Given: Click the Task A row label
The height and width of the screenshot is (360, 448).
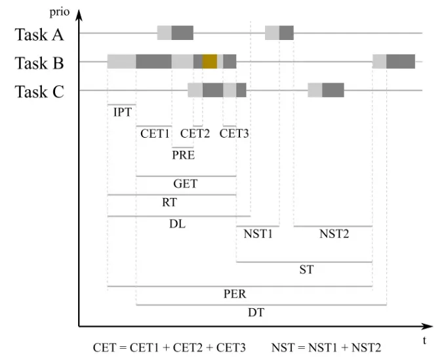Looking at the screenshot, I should click(40, 34).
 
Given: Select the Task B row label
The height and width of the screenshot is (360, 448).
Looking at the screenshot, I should click(40, 63).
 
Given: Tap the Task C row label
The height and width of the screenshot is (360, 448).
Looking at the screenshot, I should click(40, 92).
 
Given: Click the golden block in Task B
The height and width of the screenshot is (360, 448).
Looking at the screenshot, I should click(210, 62).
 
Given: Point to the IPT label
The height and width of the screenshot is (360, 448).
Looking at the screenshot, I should click(122, 112).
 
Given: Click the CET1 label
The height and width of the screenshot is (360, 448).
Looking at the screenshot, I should click(155, 133).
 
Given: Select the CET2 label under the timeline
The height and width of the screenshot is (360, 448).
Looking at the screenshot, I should click(195, 133).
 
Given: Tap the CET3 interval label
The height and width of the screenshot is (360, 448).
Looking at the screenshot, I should click(234, 133).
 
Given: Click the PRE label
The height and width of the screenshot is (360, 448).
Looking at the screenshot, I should click(183, 155).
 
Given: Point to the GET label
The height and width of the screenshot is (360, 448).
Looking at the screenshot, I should click(186, 184).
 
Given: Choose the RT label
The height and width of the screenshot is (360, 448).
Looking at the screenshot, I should click(169, 203).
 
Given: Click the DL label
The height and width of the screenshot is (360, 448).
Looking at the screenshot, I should click(177, 224).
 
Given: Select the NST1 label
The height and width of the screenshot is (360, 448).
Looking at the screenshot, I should click(258, 234).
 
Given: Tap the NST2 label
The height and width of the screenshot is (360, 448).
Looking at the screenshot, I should click(334, 234).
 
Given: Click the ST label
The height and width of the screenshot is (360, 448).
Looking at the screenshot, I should click(306, 270).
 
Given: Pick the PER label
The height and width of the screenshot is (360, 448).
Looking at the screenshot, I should click(234, 294).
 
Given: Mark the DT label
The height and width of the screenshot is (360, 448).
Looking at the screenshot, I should click(256, 313).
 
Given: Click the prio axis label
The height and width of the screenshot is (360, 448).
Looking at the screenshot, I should click(60, 12).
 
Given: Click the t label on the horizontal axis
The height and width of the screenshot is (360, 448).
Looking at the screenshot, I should click(424, 340).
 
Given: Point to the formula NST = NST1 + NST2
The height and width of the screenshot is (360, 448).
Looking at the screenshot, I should click(326, 347).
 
